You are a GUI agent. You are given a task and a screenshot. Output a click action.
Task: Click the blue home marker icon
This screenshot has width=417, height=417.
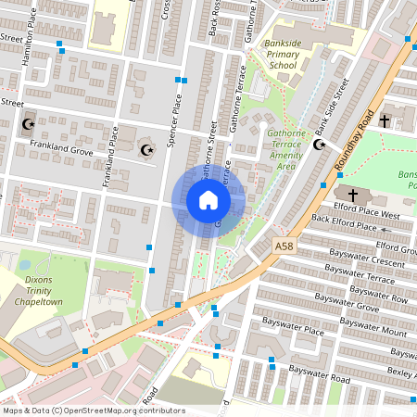(x=208, y=200)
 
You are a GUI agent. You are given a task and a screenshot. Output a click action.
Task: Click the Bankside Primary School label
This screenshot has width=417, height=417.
(x=283, y=55)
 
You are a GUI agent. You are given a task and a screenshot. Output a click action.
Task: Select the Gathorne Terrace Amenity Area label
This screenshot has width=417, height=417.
(x=294, y=150)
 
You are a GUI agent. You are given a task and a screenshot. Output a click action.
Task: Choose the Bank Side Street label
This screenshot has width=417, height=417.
(x=331, y=106)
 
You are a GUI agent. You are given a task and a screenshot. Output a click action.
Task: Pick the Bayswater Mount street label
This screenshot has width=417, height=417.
(x=374, y=330)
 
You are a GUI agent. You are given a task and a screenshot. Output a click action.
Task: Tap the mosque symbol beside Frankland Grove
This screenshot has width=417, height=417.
(x=145, y=149)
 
